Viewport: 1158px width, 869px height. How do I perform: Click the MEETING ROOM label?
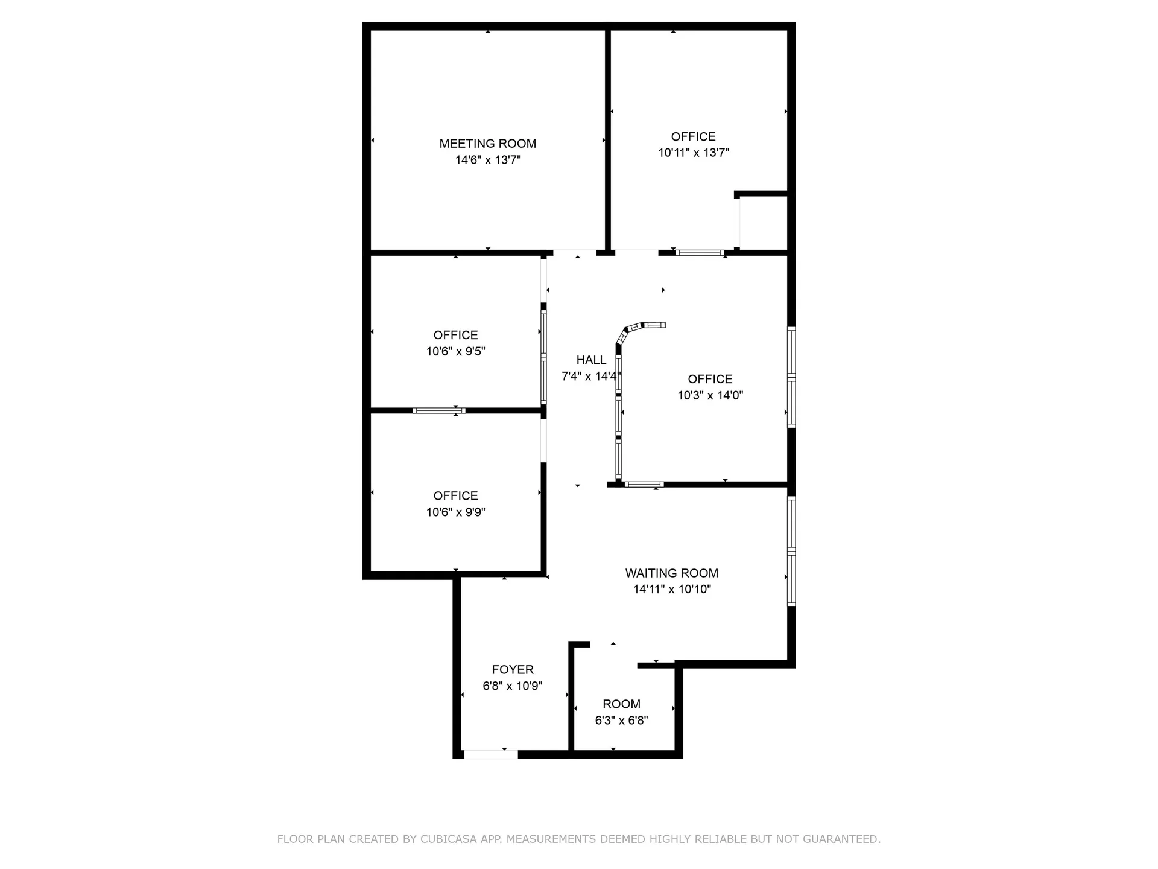pyautogui.click(x=487, y=144)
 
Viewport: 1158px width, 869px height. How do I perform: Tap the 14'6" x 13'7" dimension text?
pyautogui.click(x=487, y=160)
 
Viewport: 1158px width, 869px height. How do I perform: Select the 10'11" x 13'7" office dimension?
pyautogui.click(x=693, y=153)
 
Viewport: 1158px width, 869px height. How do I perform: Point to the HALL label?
pyautogui.click(x=591, y=360)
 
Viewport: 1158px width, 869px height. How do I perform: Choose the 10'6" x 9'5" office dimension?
pyautogui.click(x=455, y=351)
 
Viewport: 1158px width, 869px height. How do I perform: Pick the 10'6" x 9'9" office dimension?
pyautogui.click(x=455, y=512)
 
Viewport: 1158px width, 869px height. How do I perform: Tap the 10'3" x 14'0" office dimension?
pyautogui.click(x=710, y=396)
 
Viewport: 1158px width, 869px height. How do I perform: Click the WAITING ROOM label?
pyautogui.click(x=671, y=573)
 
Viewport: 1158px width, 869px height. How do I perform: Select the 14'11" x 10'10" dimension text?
pyautogui.click(x=671, y=590)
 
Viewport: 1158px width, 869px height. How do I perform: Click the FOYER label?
pyautogui.click(x=513, y=669)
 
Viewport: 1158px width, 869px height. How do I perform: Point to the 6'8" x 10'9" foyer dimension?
pyautogui.click(x=513, y=686)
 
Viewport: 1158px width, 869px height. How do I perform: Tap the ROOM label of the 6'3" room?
pyautogui.click(x=621, y=704)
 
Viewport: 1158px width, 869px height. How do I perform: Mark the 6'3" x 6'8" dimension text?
pyautogui.click(x=621, y=721)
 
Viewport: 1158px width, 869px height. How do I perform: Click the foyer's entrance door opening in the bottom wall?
pyautogui.click(x=490, y=754)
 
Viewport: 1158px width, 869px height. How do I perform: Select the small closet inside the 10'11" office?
pyautogui.click(x=764, y=222)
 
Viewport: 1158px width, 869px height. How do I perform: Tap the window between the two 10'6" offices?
pyautogui.click(x=439, y=411)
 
